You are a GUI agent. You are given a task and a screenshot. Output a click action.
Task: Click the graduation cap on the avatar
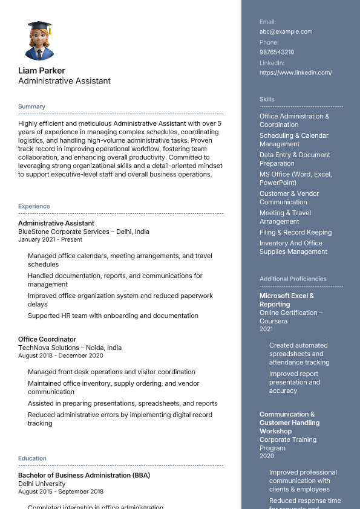tap(39, 26)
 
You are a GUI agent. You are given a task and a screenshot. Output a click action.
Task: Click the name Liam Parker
tap(42, 70)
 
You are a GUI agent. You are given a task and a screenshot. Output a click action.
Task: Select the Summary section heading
tap(31, 106)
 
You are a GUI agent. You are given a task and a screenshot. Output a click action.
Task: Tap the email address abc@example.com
tap(286, 31)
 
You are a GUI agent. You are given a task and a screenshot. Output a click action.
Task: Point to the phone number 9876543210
tap(277, 52)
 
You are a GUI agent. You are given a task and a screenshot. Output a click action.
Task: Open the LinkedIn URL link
tap(295, 73)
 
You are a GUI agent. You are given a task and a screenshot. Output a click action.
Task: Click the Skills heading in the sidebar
tap(267, 99)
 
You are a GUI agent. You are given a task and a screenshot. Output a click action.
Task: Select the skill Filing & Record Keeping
tap(295, 232)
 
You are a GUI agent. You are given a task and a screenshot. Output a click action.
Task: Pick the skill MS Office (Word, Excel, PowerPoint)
tap(295, 178)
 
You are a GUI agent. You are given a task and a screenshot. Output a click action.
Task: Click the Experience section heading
tap(34, 206)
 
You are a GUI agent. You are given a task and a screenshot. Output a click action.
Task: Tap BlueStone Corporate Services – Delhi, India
tap(83, 232)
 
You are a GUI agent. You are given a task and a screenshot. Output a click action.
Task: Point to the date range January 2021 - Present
tap(50, 239)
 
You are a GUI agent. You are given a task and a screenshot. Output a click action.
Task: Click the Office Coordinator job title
tap(47, 339)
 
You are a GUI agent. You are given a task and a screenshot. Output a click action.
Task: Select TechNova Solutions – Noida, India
tap(70, 348)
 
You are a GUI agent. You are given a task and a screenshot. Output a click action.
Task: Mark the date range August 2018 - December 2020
tap(61, 355)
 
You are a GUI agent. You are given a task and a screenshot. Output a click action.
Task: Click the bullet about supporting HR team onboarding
tap(113, 316)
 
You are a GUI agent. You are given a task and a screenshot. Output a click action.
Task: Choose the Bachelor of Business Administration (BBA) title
tap(84, 475)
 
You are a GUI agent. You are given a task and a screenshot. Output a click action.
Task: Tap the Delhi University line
tap(42, 484)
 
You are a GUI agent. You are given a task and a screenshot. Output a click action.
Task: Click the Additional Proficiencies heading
tap(293, 279)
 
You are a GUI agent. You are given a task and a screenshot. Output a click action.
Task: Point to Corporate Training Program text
tap(287, 444)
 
